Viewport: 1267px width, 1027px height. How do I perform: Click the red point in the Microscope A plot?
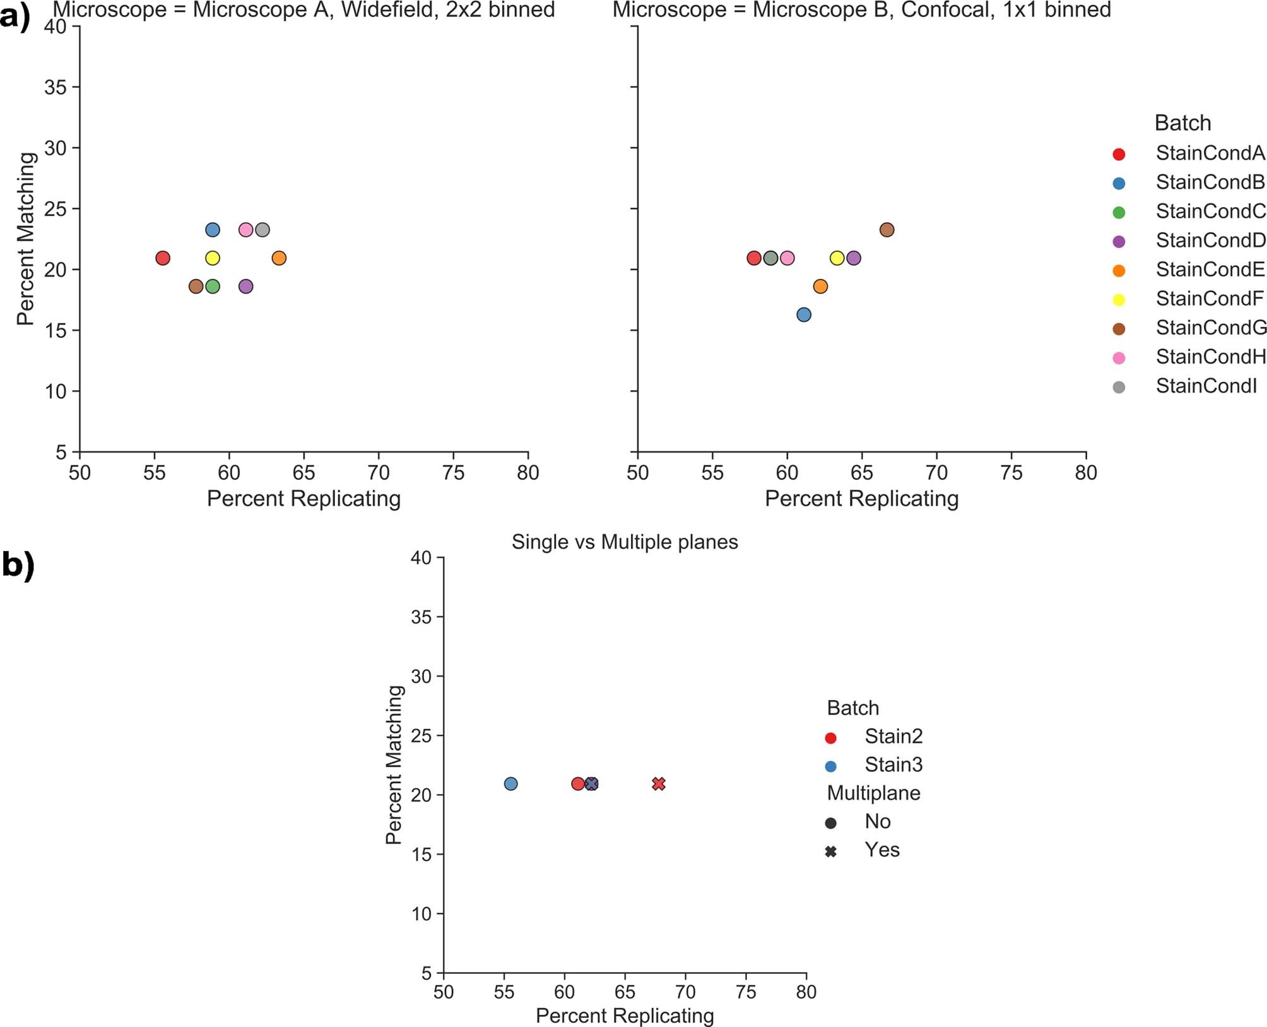click(x=162, y=258)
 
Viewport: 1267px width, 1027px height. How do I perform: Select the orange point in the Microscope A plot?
click(x=279, y=258)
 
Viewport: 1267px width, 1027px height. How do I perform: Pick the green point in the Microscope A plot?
click(x=213, y=287)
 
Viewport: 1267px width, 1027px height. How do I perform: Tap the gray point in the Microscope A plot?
click(x=262, y=230)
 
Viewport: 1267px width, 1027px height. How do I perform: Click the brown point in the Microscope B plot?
click(x=887, y=230)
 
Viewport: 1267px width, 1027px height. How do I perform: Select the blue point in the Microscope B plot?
click(x=803, y=314)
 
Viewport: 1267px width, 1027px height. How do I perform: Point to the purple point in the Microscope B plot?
click(x=853, y=258)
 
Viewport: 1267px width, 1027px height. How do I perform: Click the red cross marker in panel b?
click(x=658, y=784)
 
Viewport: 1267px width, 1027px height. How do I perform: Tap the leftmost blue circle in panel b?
click(x=510, y=784)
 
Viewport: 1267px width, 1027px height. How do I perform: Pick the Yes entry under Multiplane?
click(x=881, y=850)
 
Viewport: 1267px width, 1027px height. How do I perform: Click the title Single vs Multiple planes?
click(x=624, y=542)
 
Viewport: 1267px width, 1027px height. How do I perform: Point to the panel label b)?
click(x=18, y=564)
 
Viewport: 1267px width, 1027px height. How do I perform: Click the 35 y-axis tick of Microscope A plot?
click(x=56, y=87)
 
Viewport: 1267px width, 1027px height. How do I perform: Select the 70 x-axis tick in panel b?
click(x=685, y=992)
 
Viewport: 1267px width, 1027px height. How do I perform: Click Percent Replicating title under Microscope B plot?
click(x=861, y=499)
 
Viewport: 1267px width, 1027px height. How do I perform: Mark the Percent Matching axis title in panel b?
click(x=394, y=764)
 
